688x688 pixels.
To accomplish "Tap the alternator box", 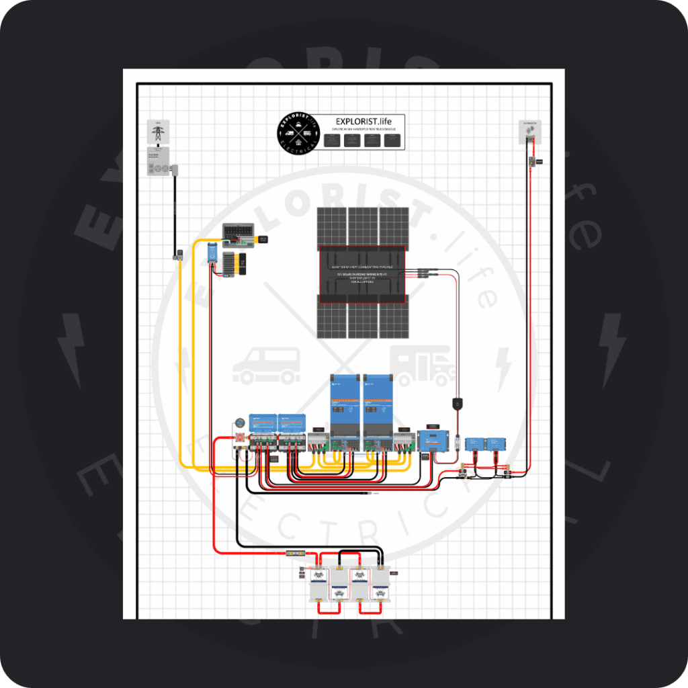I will [530, 132].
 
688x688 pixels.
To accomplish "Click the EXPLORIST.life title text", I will [361, 121].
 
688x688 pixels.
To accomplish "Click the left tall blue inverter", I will [345, 407].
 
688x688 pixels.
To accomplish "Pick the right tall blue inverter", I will [378, 407].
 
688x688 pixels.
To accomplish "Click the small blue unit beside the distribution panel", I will [212, 253].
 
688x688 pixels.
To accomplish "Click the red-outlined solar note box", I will [362, 275].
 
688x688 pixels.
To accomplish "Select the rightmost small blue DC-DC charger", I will [495, 444].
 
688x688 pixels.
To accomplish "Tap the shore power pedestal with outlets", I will [159, 161].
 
